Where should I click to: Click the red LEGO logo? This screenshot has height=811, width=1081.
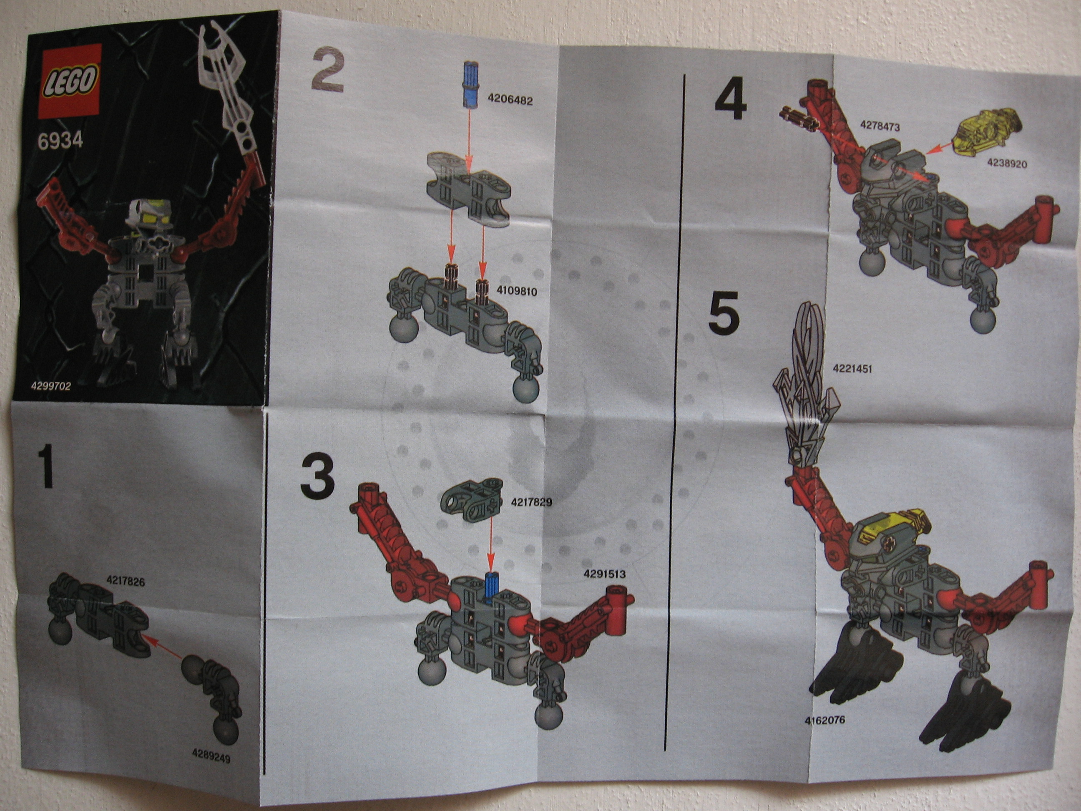[70, 81]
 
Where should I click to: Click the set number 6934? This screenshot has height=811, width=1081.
[60, 141]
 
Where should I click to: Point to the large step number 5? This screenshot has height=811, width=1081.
[724, 314]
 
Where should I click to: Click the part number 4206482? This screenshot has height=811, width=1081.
[510, 100]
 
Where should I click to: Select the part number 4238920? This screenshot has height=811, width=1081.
[1007, 163]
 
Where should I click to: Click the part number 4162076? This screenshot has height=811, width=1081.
[825, 720]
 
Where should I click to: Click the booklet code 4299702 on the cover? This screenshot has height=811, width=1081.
[51, 386]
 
